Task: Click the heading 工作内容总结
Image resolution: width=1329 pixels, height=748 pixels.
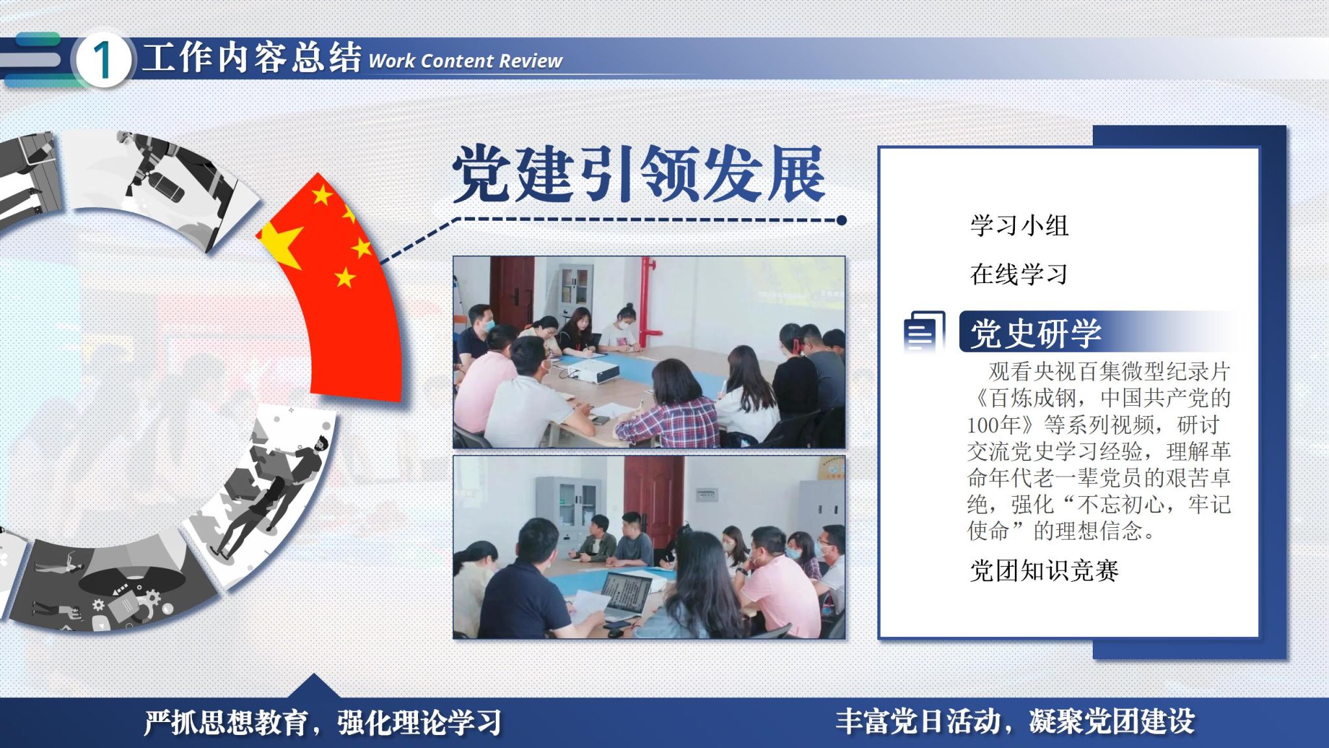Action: click(252, 57)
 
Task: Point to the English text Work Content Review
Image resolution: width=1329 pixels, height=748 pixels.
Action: click(465, 61)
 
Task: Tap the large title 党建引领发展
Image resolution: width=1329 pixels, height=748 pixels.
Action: click(639, 173)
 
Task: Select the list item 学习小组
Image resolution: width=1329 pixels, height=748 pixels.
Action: click(1019, 225)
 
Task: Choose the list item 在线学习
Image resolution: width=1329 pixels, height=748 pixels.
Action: click(1019, 274)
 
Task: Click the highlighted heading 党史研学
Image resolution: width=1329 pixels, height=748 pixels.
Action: click(1036, 332)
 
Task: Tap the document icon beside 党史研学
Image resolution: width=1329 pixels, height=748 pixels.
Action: click(924, 332)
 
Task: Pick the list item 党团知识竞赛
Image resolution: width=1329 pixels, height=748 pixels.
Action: click(1044, 571)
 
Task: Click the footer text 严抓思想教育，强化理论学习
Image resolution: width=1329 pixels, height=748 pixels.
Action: click(323, 722)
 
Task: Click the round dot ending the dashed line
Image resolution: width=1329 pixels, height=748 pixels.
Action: click(842, 220)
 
